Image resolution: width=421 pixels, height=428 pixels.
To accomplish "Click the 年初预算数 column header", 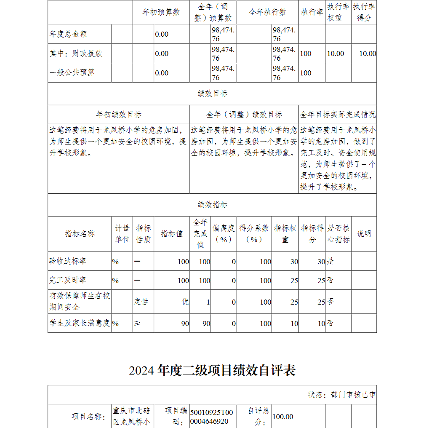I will [x=161, y=12].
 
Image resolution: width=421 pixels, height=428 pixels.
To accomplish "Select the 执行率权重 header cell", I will [x=338, y=12].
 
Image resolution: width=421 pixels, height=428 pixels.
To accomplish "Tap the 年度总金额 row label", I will [x=68, y=34].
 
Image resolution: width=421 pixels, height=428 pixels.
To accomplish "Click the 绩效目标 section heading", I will [x=212, y=94].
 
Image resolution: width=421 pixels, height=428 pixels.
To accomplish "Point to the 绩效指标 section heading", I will [x=212, y=205].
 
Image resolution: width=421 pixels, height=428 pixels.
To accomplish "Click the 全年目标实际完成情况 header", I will [x=338, y=115].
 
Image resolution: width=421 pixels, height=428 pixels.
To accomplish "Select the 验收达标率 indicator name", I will [x=68, y=261].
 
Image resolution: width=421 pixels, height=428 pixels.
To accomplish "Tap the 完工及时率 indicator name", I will [x=68, y=280].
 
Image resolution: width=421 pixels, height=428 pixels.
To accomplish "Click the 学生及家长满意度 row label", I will [x=80, y=323].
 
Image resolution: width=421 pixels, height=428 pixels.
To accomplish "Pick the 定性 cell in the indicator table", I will [x=141, y=302].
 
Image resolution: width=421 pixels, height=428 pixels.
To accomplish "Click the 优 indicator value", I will [x=185, y=302].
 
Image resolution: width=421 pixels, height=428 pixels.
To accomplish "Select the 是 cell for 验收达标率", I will [x=330, y=261].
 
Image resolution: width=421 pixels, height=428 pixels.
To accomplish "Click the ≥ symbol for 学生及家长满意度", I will [x=137, y=323].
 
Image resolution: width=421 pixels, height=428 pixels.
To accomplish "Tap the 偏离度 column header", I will [x=223, y=234].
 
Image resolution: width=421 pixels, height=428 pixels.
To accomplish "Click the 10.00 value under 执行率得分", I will [x=368, y=53].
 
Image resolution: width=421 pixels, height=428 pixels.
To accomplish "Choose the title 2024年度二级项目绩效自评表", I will [x=212, y=370].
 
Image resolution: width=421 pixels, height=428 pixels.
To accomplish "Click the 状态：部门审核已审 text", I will [x=342, y=395].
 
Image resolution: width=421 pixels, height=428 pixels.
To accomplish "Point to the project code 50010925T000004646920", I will [x=211, y=417].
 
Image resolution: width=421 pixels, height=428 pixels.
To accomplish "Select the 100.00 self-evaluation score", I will [x=283, y=417].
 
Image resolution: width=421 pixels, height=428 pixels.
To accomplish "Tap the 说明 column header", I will [x=364, y=234].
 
